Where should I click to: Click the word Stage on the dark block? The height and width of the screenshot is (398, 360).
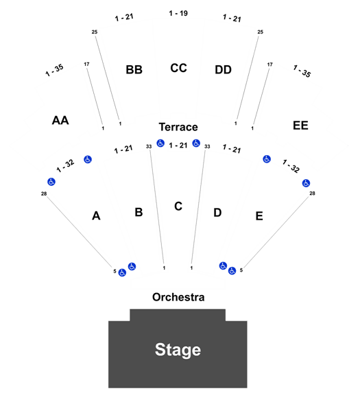[178, 350]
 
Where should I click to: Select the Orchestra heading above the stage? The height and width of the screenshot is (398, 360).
[178, 297]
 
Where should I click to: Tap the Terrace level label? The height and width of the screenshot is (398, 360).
[178, 127]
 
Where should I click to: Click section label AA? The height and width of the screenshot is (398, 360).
[60, 120]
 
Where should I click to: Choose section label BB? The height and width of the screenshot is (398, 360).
[134, 69]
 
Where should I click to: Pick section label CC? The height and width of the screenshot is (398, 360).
[178, 68]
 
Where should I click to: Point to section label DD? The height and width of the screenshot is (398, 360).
[224, 69]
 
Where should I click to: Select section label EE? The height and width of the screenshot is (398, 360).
[300, 126]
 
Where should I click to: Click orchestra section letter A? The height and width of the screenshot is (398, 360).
[96, 216]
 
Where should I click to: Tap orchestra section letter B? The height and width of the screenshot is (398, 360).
[139, 212]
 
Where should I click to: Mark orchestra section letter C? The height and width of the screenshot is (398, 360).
[178, 206]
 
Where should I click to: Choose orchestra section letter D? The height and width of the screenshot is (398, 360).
[217, 213]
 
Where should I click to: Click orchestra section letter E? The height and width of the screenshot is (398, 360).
[259, 216]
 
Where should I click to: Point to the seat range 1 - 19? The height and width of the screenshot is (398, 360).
[178, 13]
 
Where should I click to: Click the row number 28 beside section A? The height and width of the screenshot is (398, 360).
[44, 194]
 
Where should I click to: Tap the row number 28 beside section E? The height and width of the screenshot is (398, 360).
[312, 194]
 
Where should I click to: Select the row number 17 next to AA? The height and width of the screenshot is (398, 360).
[87, 65]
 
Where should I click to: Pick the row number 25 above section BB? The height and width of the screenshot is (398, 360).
[95, 32]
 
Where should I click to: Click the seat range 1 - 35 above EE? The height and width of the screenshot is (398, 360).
[302, 71]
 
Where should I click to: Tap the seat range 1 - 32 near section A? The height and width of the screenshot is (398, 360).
[65, 166]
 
